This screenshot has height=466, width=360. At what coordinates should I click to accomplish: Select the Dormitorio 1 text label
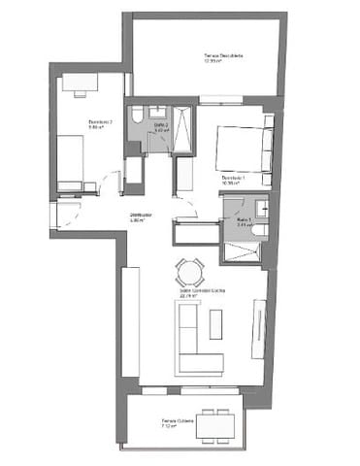pos(233,179)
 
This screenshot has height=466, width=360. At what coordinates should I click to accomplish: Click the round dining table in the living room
pos(189,269)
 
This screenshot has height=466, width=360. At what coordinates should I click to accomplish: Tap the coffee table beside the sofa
pos(215,323)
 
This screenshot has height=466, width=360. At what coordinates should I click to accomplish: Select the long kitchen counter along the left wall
pos(130,320)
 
